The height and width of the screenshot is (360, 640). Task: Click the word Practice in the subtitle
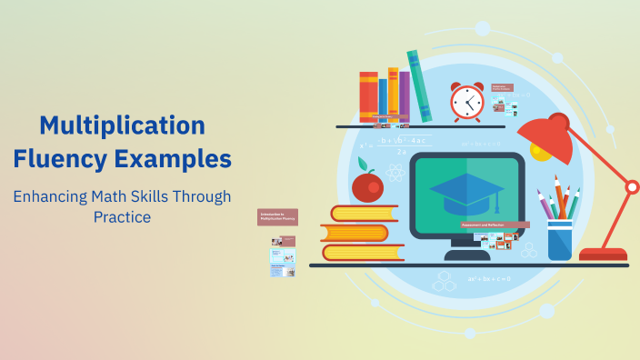122,217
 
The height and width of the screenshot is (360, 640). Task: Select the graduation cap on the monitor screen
467,192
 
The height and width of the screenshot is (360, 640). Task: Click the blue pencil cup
559,239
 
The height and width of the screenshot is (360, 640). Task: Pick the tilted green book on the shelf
419,86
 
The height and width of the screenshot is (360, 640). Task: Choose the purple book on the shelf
404,95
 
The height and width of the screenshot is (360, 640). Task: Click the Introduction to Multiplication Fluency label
277,216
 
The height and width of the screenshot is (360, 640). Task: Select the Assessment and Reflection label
495,224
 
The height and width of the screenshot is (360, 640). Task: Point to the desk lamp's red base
603,254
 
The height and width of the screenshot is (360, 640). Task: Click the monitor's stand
466,251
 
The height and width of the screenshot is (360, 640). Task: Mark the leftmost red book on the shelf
368,96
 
